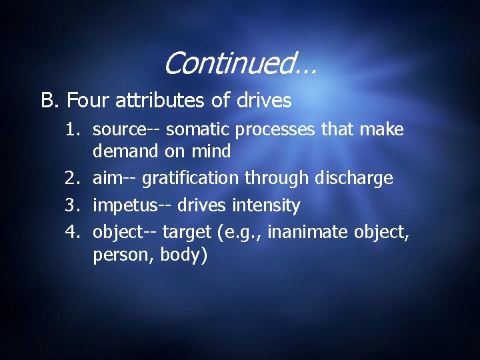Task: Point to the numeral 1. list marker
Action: (x=73, y=129)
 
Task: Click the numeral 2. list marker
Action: (x=73, y=178)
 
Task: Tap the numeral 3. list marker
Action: (x=73, y=205)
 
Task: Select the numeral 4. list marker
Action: (x=73, y=232)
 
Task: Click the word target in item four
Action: (x=183, y=233)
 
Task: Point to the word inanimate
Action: (x=303, y=232)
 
